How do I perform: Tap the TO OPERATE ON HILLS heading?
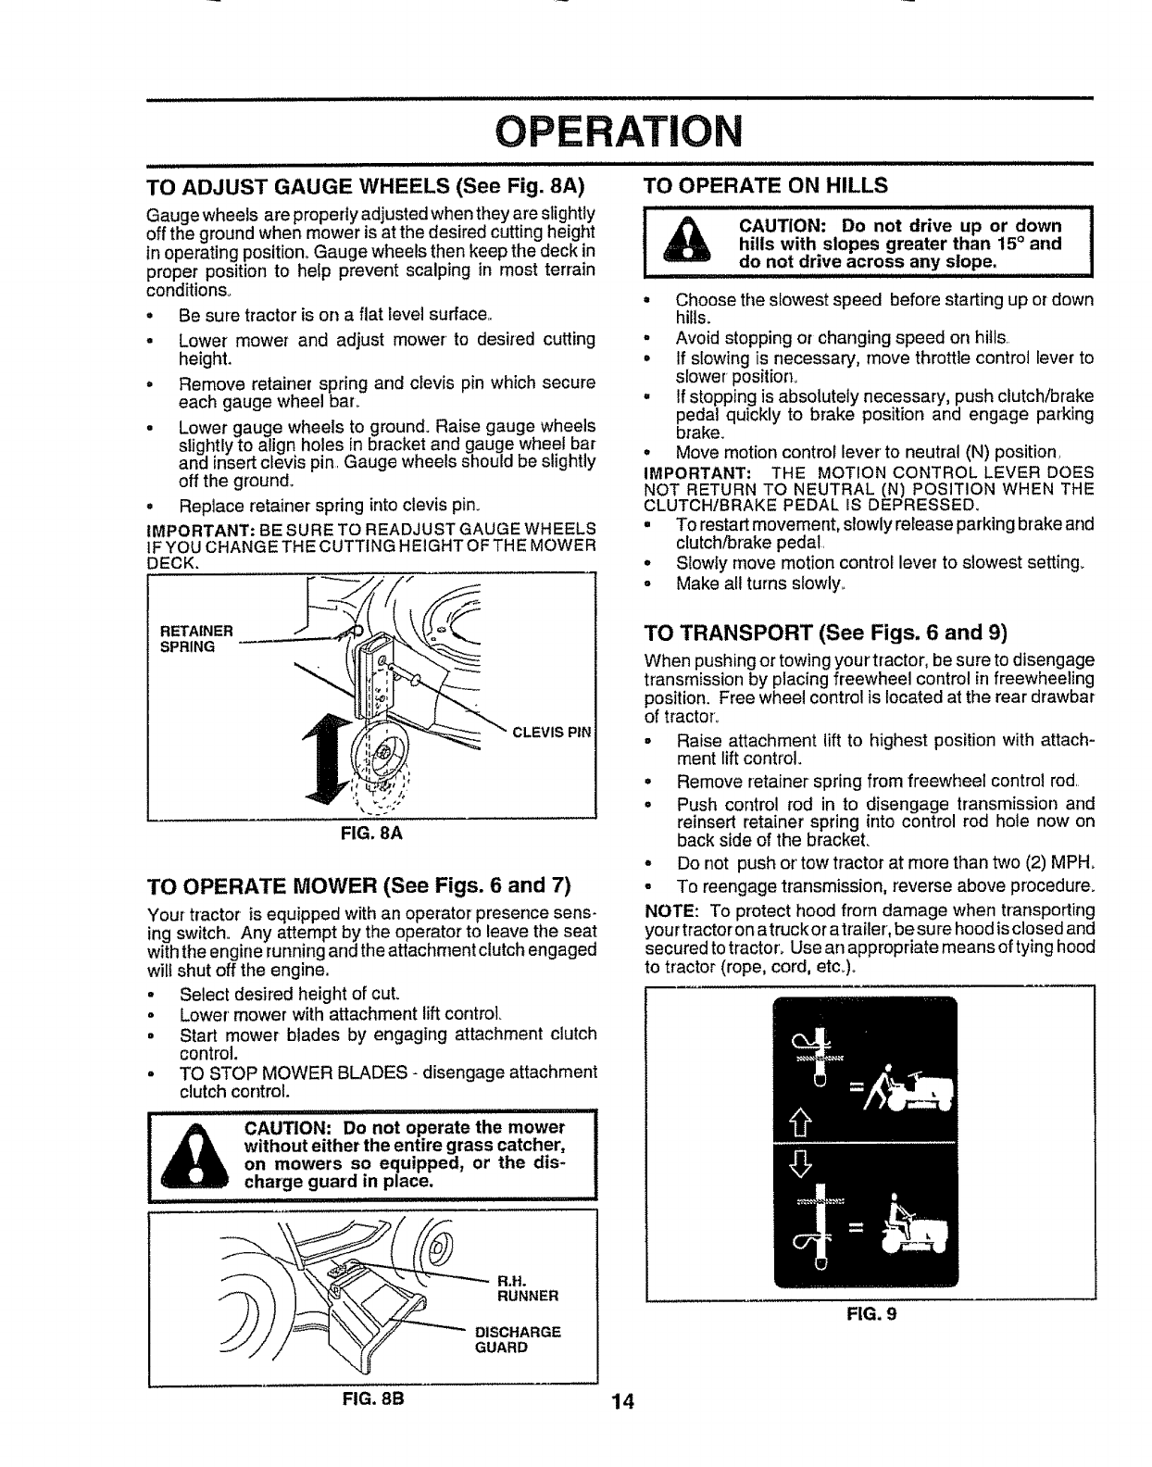[x=766, y=184]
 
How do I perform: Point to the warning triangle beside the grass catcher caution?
[x=193, y=1158]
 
